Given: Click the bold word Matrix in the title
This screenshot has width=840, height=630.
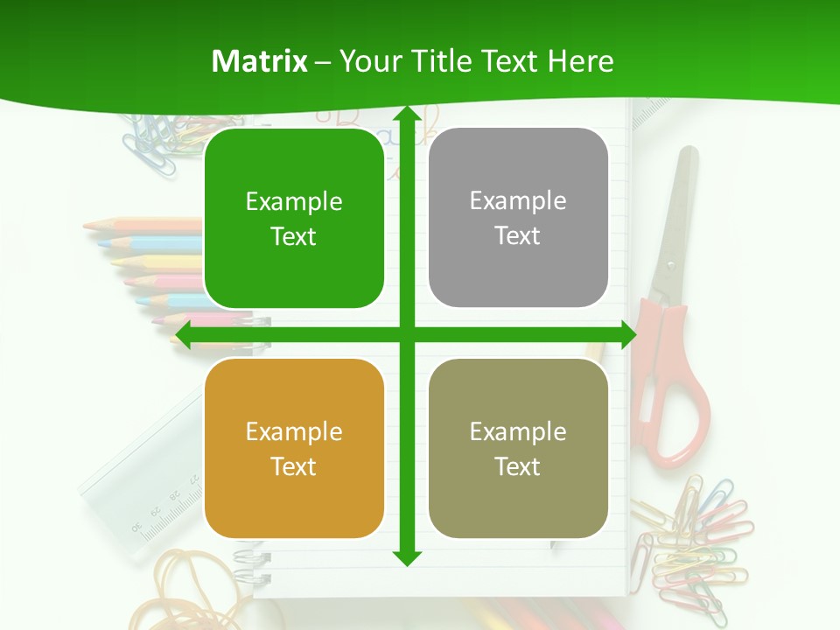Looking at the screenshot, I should coord(260,61).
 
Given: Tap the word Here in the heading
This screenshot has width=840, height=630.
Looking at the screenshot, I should coord(581,61).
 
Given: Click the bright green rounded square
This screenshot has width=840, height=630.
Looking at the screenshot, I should coord(294,219).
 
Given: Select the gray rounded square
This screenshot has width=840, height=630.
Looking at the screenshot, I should coord(518,218).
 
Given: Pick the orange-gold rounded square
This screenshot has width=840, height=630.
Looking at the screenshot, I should coord(294,448).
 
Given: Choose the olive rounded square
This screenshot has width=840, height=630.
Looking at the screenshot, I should coord(518,448).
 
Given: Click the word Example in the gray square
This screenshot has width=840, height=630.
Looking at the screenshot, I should coord(518,200).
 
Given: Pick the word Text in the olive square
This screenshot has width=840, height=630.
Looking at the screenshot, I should coord(518,466).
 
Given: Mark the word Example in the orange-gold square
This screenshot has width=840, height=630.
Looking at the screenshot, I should coord(294,431).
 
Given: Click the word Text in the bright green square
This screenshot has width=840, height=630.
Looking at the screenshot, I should coord(294,237).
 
